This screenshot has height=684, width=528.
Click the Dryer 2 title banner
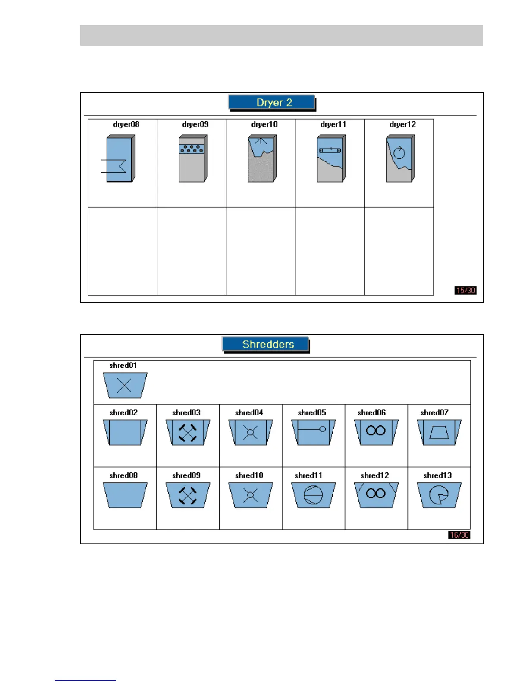tap(271, 102)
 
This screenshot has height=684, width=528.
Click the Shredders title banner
tap(265, 344)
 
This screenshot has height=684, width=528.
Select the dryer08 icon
tap(120, 158)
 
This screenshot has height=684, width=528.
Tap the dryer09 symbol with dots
tap(193, 158)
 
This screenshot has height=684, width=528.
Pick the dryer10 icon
tap(262, 158)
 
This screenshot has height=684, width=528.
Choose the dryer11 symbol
tap(331, 158)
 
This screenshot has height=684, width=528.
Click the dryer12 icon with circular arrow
tap(400, 158)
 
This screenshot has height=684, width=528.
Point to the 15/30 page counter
tap(465, 290)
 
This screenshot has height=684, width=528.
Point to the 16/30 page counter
tap(459, 535)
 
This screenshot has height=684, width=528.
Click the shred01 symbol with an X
tap(125, 385)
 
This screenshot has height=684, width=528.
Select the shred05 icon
tap(313, 432)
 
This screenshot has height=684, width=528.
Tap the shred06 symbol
tap(376, 432)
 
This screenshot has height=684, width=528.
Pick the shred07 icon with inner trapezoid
tap(439, 432)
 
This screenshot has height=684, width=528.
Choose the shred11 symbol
tap(313, 495)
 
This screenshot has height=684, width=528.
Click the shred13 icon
tap(439, 495)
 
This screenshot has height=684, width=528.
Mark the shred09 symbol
tap(188, 495)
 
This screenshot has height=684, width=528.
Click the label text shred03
tap(186, 412)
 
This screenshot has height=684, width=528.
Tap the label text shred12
tap(374, 475)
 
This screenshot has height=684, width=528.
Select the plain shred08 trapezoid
tap(125, 495)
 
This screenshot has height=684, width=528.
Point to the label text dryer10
tap(264, 124)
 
